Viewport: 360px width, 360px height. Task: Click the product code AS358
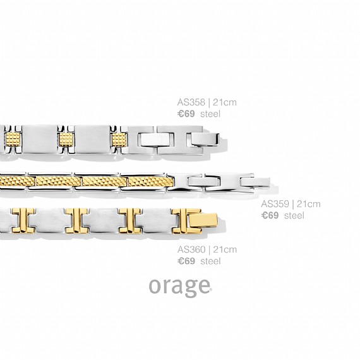pos(191,102)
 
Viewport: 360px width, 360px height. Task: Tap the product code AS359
pos(275,204)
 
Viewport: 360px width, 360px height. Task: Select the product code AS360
pos(191,249)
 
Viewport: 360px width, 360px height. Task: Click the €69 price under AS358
pos(186,114)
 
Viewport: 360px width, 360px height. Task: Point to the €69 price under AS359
pos(270,215)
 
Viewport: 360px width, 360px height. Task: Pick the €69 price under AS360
pos(186,261)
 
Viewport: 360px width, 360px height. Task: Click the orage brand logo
pos(180,287)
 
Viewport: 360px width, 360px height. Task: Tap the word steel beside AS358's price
pos(210,114)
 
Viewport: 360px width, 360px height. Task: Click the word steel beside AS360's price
pos(210,261)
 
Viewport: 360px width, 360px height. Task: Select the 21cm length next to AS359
pos(308,204)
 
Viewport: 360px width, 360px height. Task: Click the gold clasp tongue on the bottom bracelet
pos(203,220)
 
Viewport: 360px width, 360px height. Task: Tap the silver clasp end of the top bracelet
pos(205,140)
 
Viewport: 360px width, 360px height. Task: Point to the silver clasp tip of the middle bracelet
pos(255,182)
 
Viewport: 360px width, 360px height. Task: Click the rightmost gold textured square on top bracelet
pos(119,140)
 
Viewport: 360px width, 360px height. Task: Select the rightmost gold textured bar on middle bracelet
pos(150,182)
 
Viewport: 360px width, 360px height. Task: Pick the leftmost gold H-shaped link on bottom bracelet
pos(23,220)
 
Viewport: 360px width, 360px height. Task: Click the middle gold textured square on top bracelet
pos(66,140)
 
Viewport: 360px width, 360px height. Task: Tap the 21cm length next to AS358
pos(225,102)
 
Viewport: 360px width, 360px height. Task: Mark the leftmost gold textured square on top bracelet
pos(13,140)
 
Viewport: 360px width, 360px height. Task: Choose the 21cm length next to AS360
pos(225,249)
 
